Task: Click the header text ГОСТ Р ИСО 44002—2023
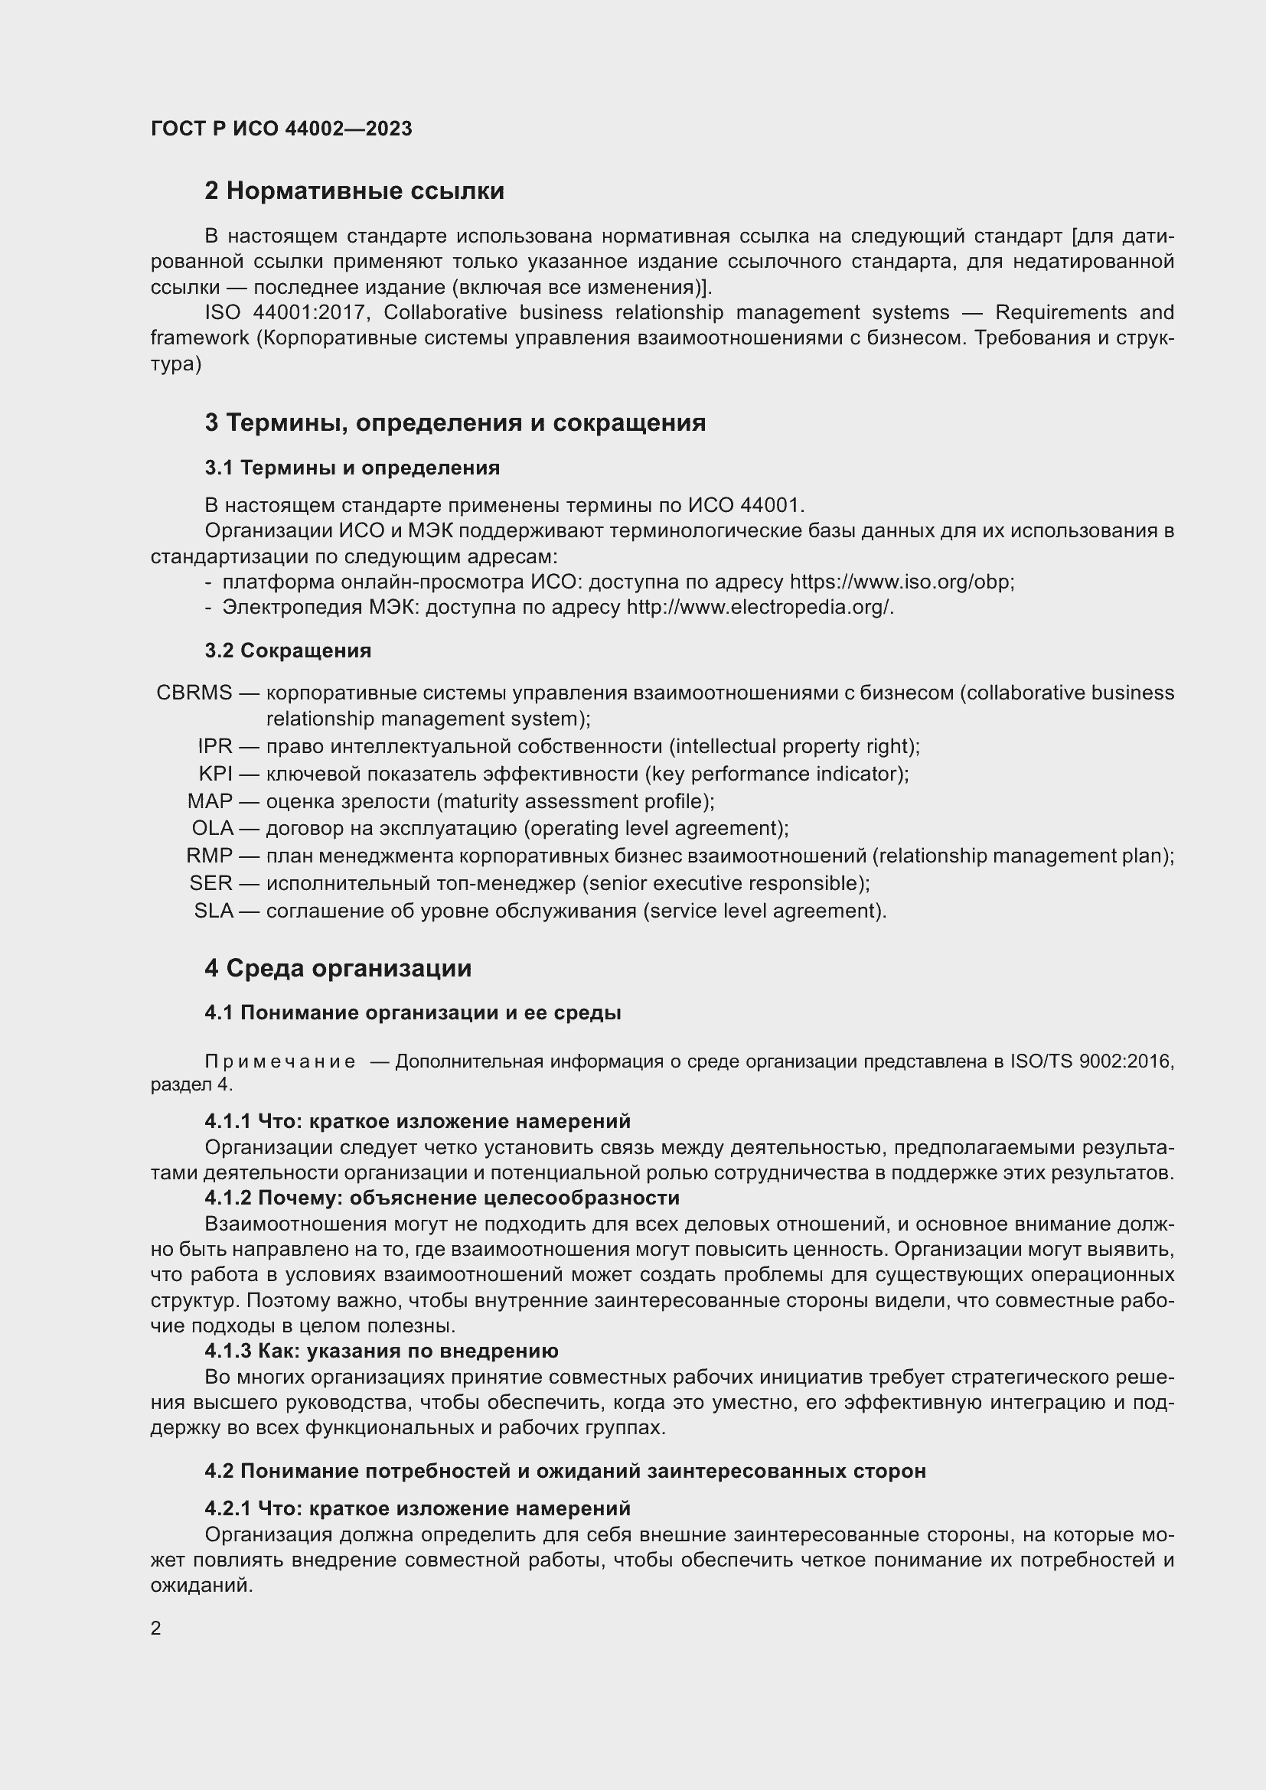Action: [x=282, y=129]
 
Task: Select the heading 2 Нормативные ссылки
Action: [x=354, y=191]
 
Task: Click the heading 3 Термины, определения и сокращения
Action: [x=455, y=422]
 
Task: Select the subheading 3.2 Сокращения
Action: [x=288, y=650]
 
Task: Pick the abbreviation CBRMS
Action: [x=194, y=693]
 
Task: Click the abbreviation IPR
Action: [x=215, y=746]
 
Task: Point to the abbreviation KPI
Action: [x=215, y=774]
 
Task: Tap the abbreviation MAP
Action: [x=210, y=800]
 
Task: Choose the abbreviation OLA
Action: [x=212, y=828]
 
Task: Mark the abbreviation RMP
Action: [x=209, y=856]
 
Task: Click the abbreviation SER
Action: [x=210, y=882]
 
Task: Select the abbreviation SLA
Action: [x=213, y=911]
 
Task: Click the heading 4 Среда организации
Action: [x=338, y=968]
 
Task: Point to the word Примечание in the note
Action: [x=280, y=1062]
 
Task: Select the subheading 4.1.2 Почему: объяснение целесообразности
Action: [x=441, y=1198]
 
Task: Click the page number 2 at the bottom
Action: [x=156, y=1628]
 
